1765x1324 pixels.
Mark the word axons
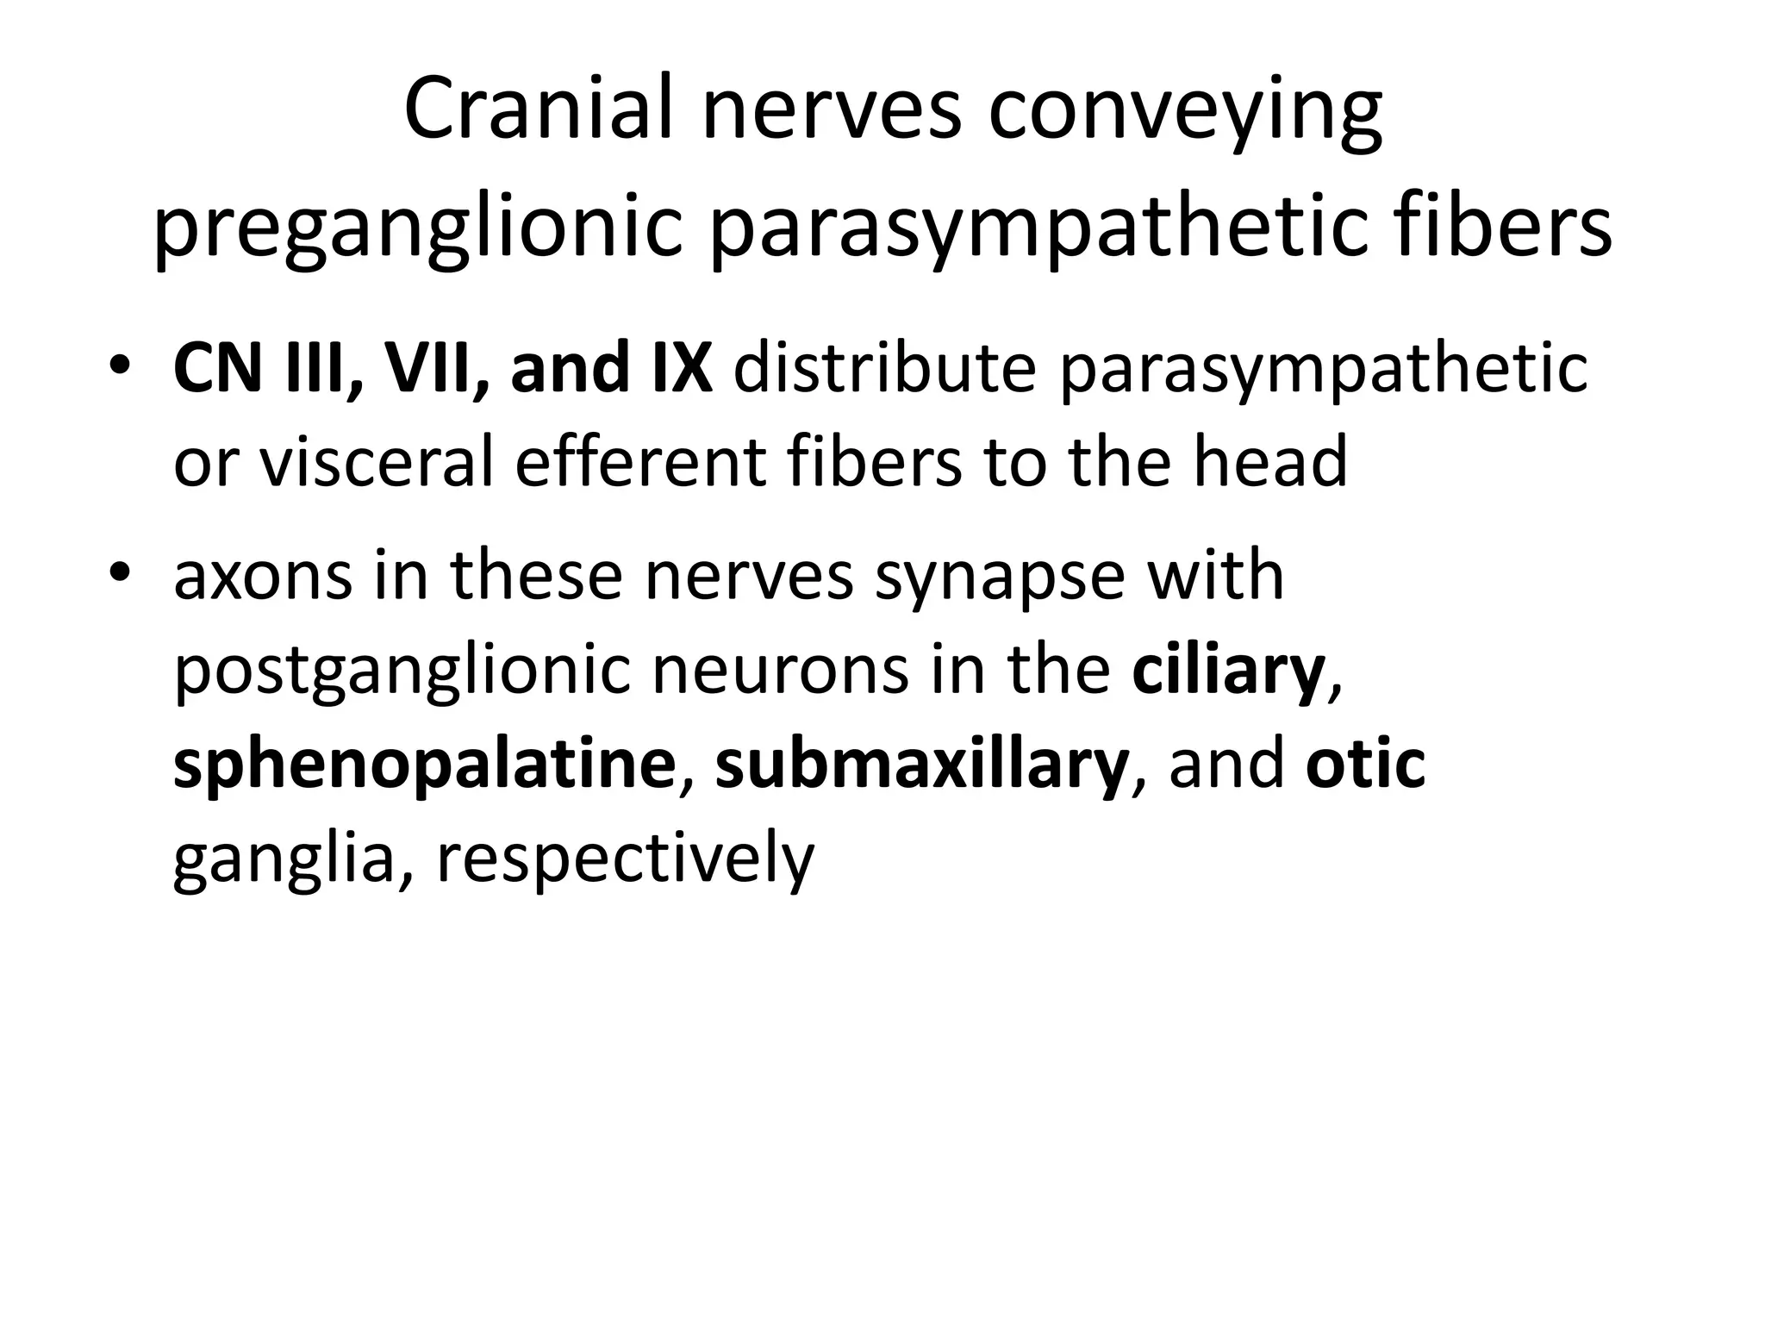[x=262, y=576]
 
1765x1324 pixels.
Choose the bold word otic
[x=1365, y=764]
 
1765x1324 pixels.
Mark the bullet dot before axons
[x=121, y=574]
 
